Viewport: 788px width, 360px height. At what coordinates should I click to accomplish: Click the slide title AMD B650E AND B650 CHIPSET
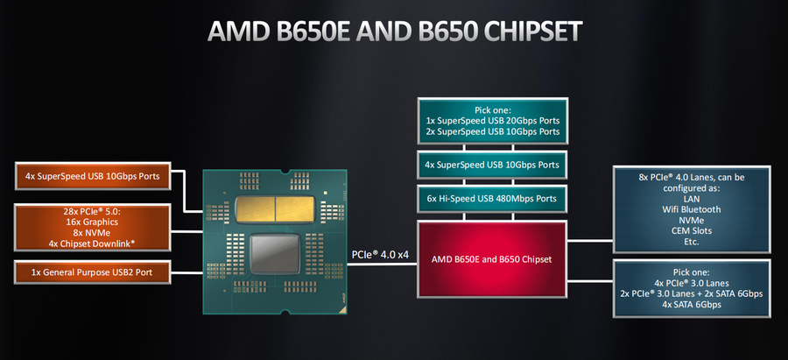pos(394,32)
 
